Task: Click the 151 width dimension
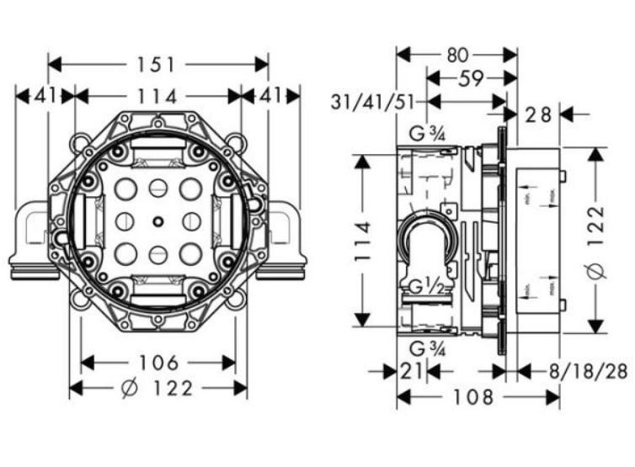(157, 64)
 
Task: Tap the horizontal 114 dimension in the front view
(157, 97)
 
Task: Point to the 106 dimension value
(158, 363)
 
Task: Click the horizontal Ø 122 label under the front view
(158, 388)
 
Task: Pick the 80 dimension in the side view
(456, 55)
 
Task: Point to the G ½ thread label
(425, 286)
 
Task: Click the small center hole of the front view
(157, 221)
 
